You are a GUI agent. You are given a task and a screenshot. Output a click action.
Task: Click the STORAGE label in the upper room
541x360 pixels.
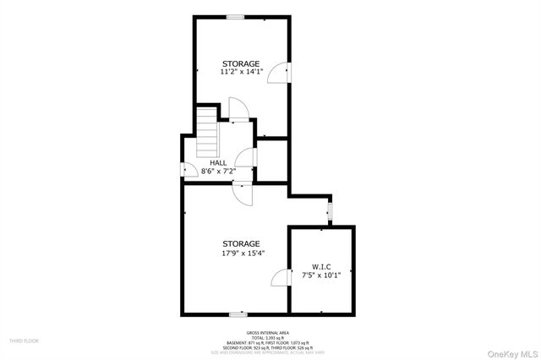point(241,63)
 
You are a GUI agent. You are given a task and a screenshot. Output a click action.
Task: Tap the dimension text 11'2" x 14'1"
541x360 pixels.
point(241,73)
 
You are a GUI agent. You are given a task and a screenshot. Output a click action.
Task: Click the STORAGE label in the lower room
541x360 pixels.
point(241,243)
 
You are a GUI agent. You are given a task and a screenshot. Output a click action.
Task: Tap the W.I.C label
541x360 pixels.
point(320,266)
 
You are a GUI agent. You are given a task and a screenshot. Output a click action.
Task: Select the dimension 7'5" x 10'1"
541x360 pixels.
point(320,275)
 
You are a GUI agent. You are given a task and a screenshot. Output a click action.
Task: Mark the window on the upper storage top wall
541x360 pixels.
point(235,17)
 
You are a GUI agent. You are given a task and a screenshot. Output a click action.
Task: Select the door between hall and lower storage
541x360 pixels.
point(243,193)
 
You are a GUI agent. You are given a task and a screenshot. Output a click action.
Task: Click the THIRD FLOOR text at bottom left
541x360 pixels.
point(25,341)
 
